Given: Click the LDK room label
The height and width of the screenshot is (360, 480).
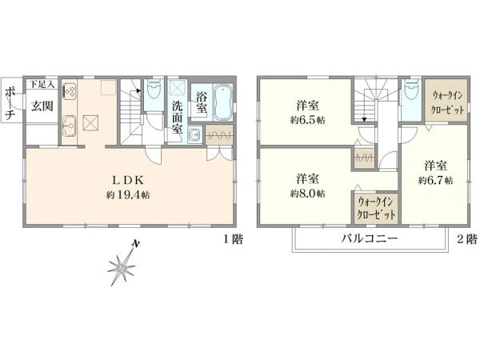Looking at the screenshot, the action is click(128, 180).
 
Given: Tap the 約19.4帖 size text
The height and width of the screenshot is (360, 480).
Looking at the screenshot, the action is click(128, 194).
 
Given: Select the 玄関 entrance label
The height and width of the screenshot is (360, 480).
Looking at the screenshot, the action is click(42, 106).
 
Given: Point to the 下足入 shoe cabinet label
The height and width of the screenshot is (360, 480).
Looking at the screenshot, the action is click(42, 85).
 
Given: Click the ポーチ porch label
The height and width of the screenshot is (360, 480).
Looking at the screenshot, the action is click(11, 102).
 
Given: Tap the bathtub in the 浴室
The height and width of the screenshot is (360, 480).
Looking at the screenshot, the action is click(223, 102).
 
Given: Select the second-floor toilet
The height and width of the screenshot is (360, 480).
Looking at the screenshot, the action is click(411, 88).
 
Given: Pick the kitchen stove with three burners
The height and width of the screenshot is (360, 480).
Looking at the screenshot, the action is click(70, 91).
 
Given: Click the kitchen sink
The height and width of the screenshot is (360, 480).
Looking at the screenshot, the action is click(70, 126).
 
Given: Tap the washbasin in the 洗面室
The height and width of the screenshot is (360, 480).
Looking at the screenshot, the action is click(194, 134).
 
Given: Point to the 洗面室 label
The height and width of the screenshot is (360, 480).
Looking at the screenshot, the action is click(177, 118).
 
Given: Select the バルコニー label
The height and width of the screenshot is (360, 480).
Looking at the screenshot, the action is click(370, 238).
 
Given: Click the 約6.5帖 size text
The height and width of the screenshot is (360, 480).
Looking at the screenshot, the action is click(308, 120).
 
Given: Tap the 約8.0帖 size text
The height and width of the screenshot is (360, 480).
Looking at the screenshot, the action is click(308, 194).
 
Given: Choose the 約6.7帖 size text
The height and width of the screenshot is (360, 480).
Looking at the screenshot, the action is click(436, 181).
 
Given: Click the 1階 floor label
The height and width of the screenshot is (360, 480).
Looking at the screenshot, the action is click(233, 239).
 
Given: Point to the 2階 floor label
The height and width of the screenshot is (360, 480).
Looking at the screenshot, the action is click(467, 239).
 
